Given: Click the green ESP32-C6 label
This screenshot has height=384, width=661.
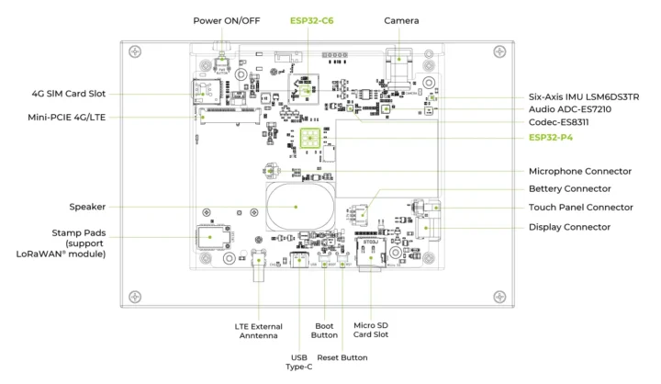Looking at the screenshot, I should pos(310,20).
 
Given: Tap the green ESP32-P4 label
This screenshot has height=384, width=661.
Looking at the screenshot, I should pos(557,139).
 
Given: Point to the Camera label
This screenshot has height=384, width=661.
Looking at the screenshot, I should pos(401,20).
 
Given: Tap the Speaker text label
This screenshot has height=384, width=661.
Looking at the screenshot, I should pos(87,207).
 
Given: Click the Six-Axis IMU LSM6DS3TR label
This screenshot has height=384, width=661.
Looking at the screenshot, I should pos(590,96).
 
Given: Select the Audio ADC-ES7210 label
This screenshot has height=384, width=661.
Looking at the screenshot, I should pos(570,109).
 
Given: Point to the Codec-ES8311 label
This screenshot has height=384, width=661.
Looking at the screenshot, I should pos(561,123).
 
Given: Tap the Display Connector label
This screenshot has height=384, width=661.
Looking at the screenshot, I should pos(569,226).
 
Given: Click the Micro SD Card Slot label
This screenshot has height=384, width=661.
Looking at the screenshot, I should pos(371,329).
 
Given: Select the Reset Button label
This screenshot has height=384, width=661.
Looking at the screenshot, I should pos(342,358).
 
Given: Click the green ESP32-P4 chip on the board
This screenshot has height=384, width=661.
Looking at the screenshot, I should pos(310,139).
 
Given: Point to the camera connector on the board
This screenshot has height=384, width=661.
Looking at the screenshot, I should pos(400,66).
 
